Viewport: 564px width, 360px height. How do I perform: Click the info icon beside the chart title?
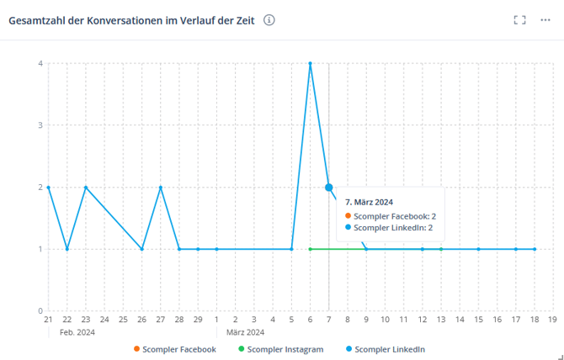click(x=269, y=20)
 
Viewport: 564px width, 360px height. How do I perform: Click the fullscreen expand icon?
click(x=519, y=20)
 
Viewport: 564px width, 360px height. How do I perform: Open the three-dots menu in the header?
click(x=545, y=20)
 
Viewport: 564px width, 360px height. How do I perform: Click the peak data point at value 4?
click(x=311, y=63)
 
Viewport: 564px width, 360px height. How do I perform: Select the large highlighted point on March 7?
click(x=329, y=188)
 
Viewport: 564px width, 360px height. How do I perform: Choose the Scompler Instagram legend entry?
click(x=280, y=349)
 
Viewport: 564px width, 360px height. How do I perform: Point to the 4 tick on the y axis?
click(x=40, y=63)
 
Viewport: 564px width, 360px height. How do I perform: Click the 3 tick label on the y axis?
click(x=40, y=125)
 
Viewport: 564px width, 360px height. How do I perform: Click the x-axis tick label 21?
click(x=48, y=320)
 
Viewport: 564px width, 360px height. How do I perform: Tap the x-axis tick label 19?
click(x=552, y=320)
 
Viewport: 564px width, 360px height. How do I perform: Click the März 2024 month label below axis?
click(x=245, y=332)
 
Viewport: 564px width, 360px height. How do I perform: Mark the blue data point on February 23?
click(x=86, y=188)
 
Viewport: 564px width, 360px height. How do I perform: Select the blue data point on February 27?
click(x=160, y=188)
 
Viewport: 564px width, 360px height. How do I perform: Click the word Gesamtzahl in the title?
click(x=36, y=20)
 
